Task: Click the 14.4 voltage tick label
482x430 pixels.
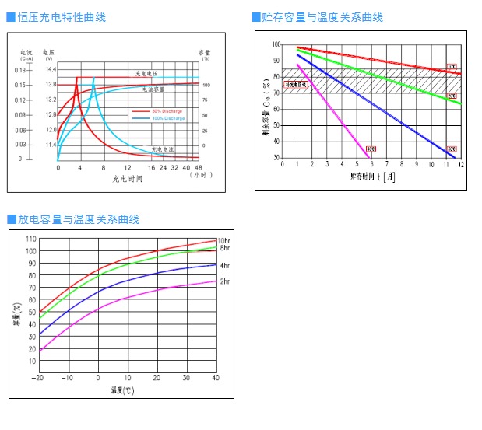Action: [x=51, y=69]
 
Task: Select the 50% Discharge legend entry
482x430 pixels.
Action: [x=167, y=111]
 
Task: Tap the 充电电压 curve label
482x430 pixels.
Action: [x=146, y=73]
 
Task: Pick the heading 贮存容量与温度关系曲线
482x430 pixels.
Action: [x=322, y=17]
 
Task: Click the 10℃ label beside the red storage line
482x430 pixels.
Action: [x=452, y=68]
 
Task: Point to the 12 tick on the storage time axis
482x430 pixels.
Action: [x=461, y=165]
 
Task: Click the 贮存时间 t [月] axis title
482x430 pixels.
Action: [x=372, y=177]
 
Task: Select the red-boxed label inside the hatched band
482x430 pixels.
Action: [x=296, y=84]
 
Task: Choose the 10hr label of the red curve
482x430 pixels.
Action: [x=223, y=241]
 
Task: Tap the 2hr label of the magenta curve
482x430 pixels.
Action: [x=224, y=281]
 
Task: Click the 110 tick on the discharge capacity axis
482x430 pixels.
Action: [x=30, y=239]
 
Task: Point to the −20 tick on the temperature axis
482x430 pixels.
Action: [x=37, y=378]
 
